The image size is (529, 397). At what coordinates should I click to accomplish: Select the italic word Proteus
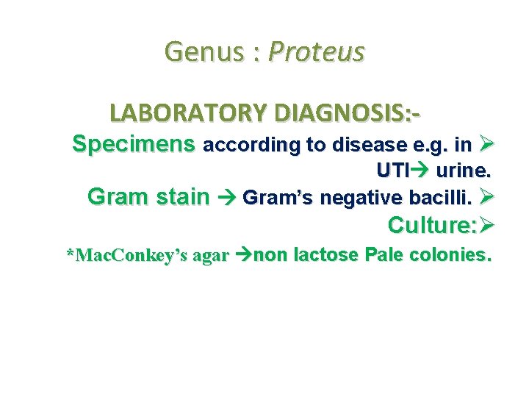pos(317,52)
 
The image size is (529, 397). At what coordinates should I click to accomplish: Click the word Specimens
pos(134,144)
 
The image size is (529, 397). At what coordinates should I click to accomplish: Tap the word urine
pos(462,171)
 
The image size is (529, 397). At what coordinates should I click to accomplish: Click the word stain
pos(179,197)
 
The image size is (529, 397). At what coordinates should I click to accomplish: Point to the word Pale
pos(386,255)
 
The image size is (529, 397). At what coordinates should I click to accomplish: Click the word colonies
pos(451,255)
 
